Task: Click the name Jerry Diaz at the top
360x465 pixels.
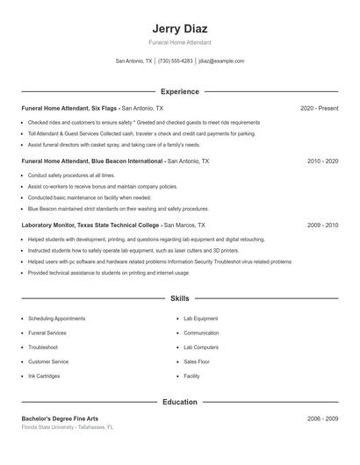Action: pyautogui.click(x=179, y=29)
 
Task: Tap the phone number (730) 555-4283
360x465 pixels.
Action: pyautogui.click(x=176, y=61)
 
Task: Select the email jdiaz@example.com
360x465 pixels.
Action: pyautogui.click(x=221, y=61)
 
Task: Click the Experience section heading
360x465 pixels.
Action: pyautogui.click(x=179, y=91)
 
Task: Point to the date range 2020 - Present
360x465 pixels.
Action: pyautogui.click(x=319, y=108)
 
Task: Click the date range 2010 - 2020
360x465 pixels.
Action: pyautogui.click(x=322, y=161)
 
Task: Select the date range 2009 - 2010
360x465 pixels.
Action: pyautogui.click(x=322, y=225)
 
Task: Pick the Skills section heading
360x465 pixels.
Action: pyautogui.click(x=179, y=298)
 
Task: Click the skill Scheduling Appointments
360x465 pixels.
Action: pyautogui.click(x=56, y=318)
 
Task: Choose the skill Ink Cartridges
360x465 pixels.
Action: pyautogui.click(x=44, y=376)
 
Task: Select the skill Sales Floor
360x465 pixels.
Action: pyautogui.click(x=197, y=361)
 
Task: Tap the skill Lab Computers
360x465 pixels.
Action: pyautogui.click(x=201, y=347)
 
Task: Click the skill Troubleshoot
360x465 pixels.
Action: pyautogui.click(x=43, y=347)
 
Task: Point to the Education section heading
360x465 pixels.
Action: pyautogui.click(x=179, y=402)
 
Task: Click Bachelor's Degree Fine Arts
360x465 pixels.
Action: pyautogui.click(x=61, y=418)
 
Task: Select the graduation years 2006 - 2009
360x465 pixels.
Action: pyautogui.click(x=322, y=418)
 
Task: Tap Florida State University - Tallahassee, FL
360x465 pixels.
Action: pyautogui.click(x=68, y=427)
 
